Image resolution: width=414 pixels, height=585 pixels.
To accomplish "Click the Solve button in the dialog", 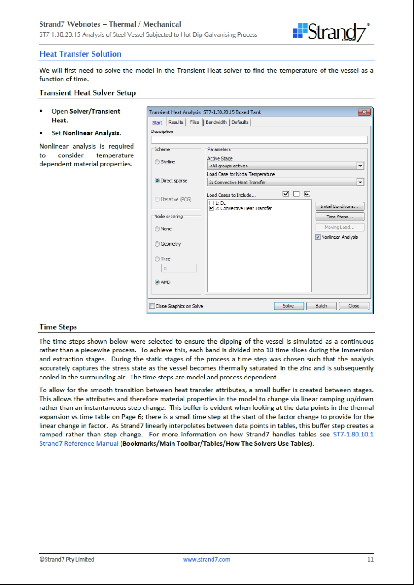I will click(288, 306).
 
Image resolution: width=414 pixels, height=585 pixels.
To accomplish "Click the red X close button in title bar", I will click(364, 112).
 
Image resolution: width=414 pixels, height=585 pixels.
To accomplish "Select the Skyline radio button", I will click(158, 162).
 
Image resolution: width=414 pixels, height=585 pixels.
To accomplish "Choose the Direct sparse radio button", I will click(158, 181).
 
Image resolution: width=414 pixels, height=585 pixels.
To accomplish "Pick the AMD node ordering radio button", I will click(158, 282).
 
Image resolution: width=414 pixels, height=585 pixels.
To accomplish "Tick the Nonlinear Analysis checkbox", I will click(318, 237).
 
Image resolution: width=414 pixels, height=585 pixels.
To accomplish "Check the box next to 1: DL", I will click(212, 203).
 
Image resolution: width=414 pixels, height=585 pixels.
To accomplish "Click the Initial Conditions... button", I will click(339, 206).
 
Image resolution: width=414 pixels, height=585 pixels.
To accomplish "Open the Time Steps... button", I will click(339, 217).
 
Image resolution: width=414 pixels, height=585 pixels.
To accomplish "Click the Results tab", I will click(176, 122).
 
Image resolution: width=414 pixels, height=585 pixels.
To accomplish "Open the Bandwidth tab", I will click(216, 122).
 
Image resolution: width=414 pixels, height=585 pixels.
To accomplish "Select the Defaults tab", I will click(241, 122).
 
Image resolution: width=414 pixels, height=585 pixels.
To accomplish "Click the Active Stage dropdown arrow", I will click(360, 166).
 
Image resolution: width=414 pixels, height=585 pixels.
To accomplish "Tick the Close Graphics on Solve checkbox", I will click(152, 306).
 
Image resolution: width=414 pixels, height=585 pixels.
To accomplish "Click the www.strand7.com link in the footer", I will click(207, 560).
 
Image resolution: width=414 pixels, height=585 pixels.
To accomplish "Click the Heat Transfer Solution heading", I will click(80, 54).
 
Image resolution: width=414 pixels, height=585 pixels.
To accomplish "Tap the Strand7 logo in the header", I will click(331, 32).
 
